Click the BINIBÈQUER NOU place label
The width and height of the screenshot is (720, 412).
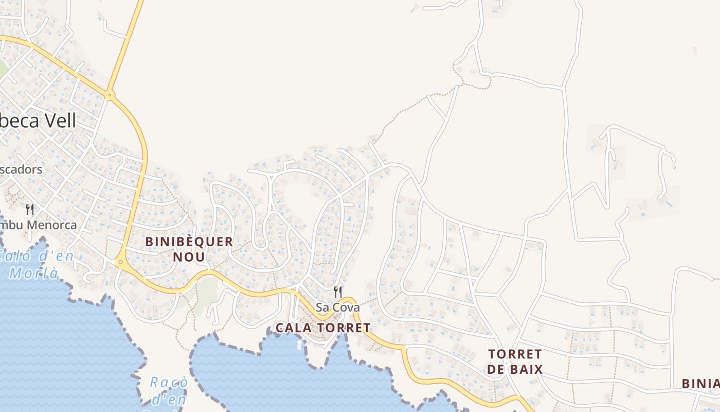[189, 249]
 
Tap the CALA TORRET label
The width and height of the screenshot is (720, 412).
[323, 328]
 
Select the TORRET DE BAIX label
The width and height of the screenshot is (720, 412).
[515, 362]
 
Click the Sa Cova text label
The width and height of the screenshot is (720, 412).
[337, 307]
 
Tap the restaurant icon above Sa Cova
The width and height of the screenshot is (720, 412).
[338, 292]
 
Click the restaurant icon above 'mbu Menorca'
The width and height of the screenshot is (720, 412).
[30, 210]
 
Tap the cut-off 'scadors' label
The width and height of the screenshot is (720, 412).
[21, 169]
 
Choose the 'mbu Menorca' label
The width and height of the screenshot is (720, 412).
[38, 225]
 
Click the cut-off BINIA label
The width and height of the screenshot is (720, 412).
[700, 384]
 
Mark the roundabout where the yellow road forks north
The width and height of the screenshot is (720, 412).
[109, 95]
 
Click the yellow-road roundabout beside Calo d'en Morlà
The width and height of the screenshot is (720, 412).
[120, 262]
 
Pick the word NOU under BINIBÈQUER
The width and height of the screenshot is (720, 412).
[189, 256]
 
